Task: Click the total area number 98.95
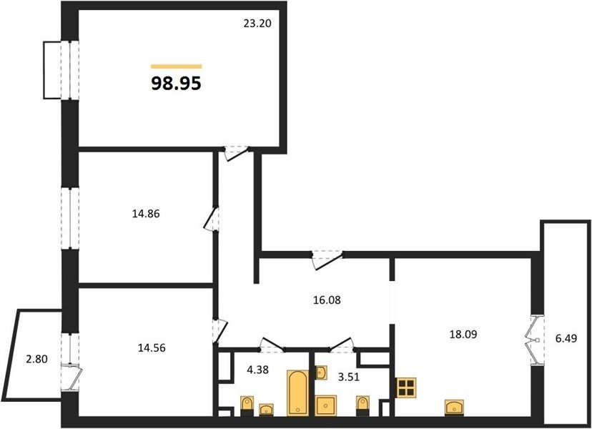click(176, 84)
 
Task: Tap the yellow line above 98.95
click(177, 66)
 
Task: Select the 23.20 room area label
click(257, 24)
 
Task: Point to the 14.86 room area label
click(146, 214)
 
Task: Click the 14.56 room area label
click(152, 347)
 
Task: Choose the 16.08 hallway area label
click(327, 300)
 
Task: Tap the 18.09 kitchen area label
click(463, 334)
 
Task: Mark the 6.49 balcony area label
click(566, 338)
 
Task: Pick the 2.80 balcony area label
click(36, 359)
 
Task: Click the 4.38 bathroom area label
click(257, 370)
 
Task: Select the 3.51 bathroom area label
click(347, 377)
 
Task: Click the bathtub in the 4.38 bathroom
click(298, 393)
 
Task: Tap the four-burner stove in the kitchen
click(406, 388)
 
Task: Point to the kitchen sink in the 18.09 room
click(455, 408)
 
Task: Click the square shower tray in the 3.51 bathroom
click(326, 405)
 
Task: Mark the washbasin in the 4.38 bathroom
click(267, 409)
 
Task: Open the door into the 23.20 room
click(237, 153)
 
